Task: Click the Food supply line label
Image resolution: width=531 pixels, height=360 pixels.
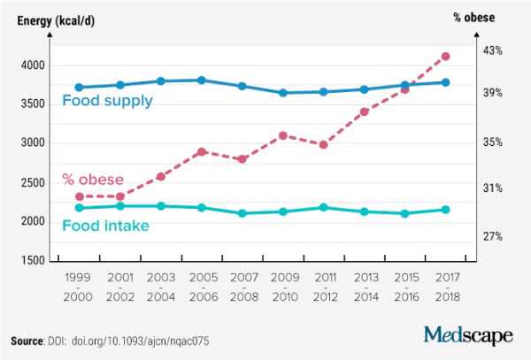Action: tap(107, 101)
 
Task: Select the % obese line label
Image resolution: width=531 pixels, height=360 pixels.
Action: tap(93, 180)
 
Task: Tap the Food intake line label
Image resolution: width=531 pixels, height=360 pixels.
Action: tap(105, 226)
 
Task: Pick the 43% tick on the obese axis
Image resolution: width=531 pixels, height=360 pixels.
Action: tap(493, 51)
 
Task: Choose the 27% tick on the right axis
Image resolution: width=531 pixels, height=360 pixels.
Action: tap(493, 236)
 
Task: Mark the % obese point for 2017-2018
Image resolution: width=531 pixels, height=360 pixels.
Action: tap(445, 57)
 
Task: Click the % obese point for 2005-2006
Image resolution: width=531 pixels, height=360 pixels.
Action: tap(202, 152)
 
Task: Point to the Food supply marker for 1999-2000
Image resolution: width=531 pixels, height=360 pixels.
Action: tap(79, 88)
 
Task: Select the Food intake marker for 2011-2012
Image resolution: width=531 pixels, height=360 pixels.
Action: tap(323, 208)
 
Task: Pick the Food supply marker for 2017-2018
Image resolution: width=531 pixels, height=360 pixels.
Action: tap(445, 82)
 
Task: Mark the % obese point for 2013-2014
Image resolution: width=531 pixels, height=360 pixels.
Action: tap(364, 111)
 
